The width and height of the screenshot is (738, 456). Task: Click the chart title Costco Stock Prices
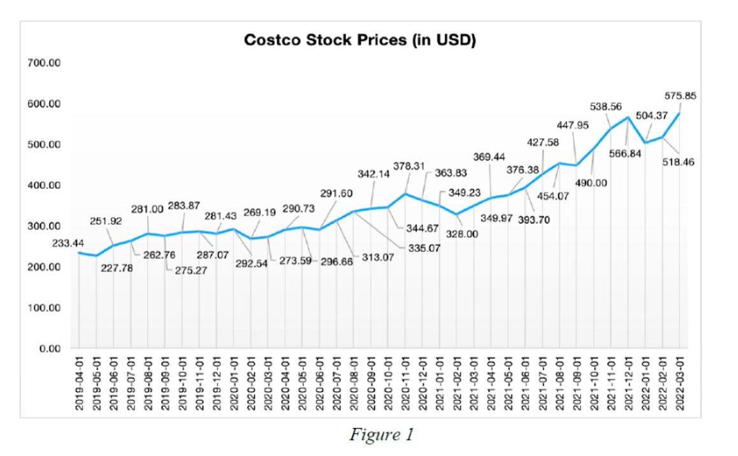click(360, 40)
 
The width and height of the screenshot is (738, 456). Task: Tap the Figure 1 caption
click(381, 435)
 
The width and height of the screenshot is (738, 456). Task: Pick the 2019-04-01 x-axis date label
click(79, 386)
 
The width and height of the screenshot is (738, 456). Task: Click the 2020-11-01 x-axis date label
click(406, 386)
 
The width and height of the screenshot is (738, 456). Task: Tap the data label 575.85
click(680, 96)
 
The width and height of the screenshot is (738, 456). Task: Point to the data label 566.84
click(625, 156)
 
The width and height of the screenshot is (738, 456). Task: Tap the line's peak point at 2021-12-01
click(628, 117)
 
